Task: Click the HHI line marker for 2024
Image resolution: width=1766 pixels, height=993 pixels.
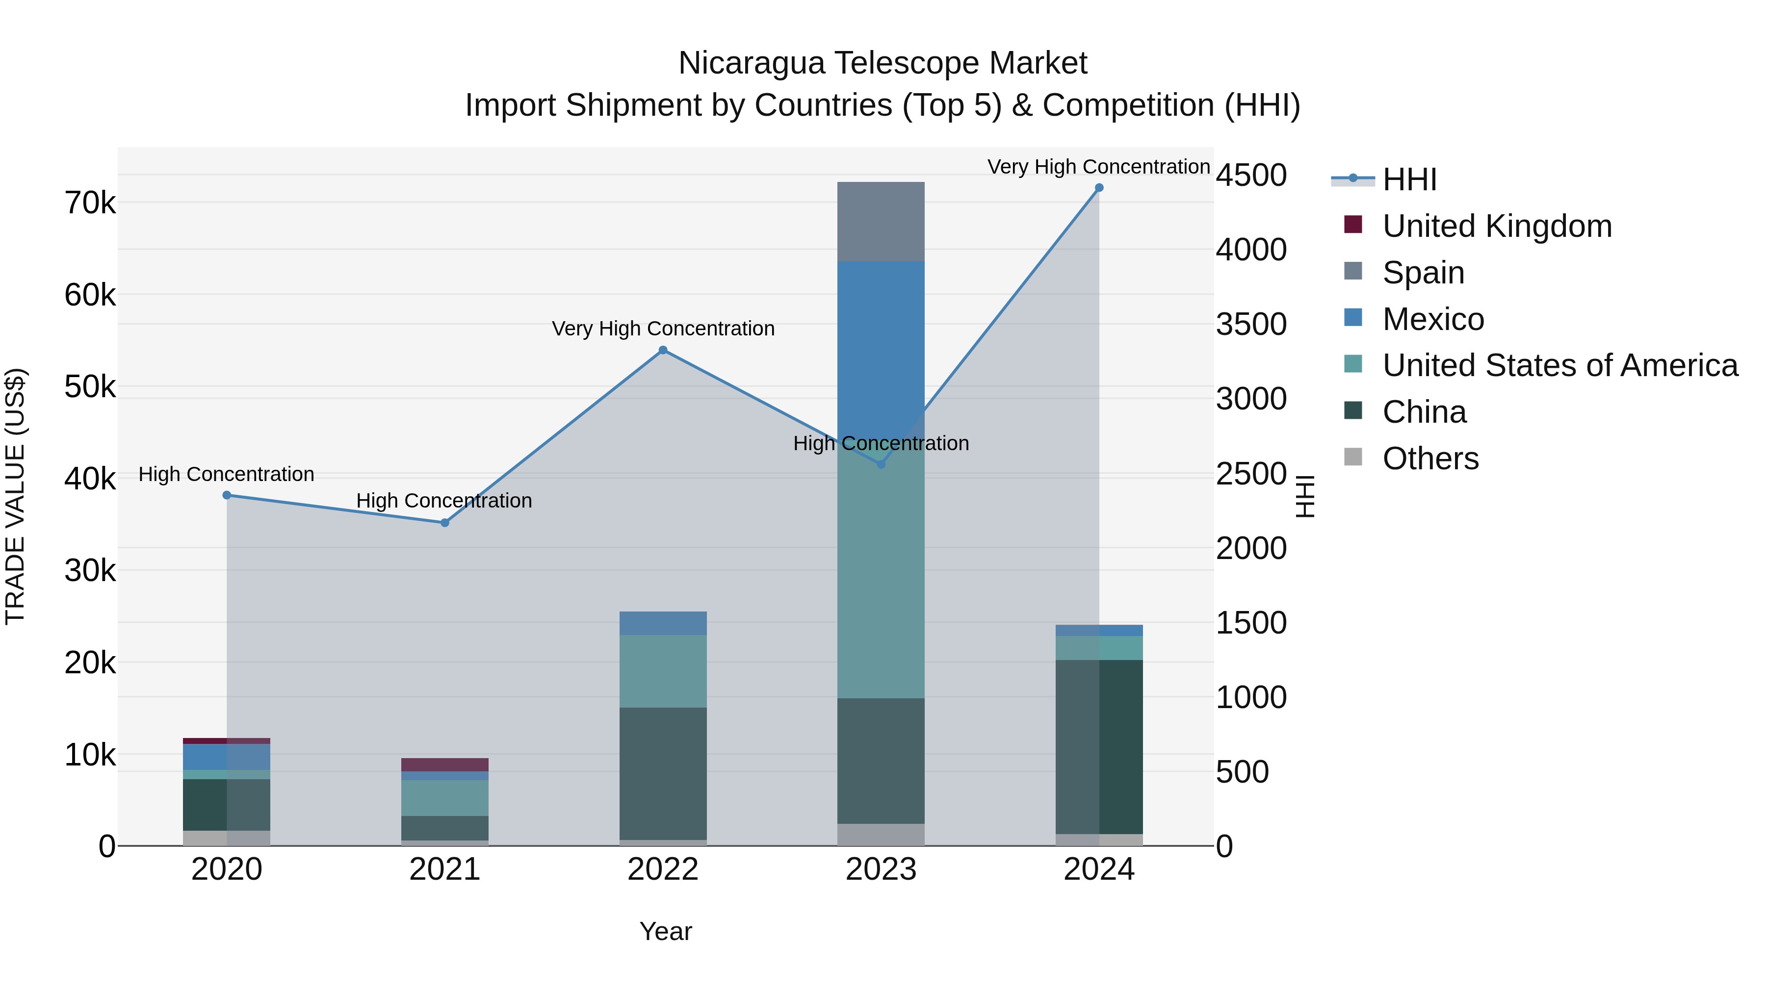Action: point(1099,188)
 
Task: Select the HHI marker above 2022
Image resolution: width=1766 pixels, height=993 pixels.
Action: point(663,350)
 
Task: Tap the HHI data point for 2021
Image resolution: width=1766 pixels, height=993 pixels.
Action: point(444,523)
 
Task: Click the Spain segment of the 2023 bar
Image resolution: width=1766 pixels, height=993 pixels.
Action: point(881,221)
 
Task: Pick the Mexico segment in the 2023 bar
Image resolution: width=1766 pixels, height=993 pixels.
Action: point(881,343)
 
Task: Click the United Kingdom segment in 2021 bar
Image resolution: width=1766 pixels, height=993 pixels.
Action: point(444,765)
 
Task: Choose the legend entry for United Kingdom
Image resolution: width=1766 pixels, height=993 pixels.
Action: point(1497,226)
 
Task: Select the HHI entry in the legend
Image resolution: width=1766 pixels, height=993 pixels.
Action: point(1409,179)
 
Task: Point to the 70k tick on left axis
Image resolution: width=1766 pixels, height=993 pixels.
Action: point(90,204)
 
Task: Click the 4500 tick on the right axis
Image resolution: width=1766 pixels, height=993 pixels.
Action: point(1251,176)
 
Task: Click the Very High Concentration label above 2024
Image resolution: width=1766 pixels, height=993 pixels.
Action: point(1098,167)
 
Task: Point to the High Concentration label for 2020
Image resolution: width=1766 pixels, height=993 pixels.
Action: point(226,474)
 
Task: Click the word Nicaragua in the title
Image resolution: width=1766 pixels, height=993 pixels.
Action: point(752,64)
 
